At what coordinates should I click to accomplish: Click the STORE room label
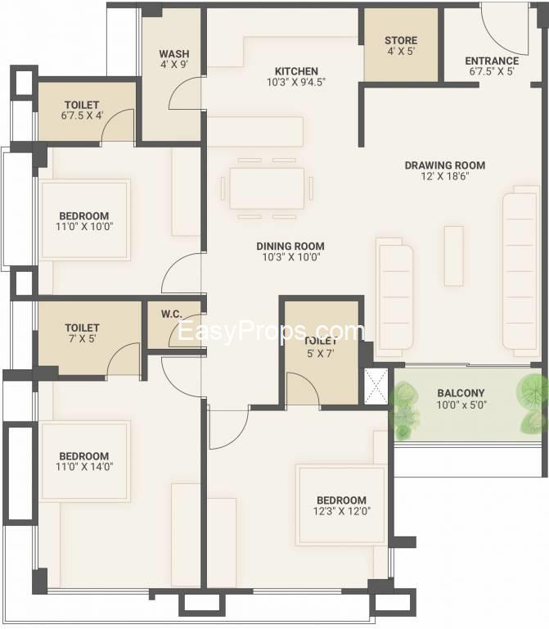tap(401, 40)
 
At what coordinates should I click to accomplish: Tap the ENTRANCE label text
tap(492, 61)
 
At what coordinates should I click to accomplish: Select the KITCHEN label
tap(296, 71)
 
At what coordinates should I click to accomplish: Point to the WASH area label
tap(174, 54)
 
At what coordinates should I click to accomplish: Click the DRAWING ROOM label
tap(445, 165)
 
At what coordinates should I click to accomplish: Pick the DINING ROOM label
tap(290, 247)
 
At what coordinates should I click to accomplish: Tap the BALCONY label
tap(461, 393)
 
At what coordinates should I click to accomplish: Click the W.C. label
tap(172, 314)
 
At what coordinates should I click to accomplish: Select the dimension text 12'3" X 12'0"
tap(342, 511)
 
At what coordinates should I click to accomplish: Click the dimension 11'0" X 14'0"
tap(84, 467)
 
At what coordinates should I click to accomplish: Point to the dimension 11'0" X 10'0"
tap(84, 226)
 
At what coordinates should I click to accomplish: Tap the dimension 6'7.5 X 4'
tap(82, 115)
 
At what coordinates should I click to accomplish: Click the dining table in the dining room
tap(267, 188)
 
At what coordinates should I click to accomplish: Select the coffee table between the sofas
tap(453, 256)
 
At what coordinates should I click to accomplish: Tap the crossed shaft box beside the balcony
tap(376, 386)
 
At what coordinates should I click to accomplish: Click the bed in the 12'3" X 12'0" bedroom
tap(340, 505)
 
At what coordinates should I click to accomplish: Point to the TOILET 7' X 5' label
tap(82, 333)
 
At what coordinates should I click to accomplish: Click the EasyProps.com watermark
tap(271, 332)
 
